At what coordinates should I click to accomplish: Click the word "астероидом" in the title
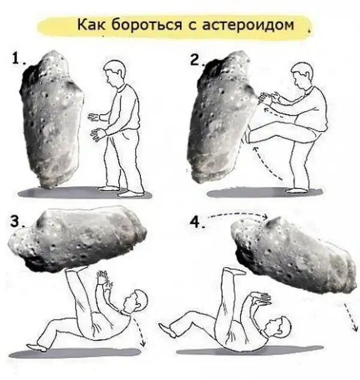pyautogui.click(x=248, y=25)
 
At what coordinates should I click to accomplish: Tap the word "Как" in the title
pyautogui.click(x=91, y=25)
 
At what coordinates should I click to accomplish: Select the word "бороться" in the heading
pyautogui.click(x=146, y=25)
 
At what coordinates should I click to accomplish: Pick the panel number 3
pyautogui.click(x=16, y=221)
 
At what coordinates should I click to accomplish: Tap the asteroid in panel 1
pyautogui.click(x=52, y=119)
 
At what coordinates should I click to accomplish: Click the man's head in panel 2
pyautogui.click(x=302, y=74)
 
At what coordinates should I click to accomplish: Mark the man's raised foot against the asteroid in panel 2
pyautogui.click(x=248, y=136)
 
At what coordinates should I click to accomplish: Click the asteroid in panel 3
pyautogui.click(x=77, y=240)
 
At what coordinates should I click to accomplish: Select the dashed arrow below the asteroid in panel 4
pyautogui.click(x=350, y=317)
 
